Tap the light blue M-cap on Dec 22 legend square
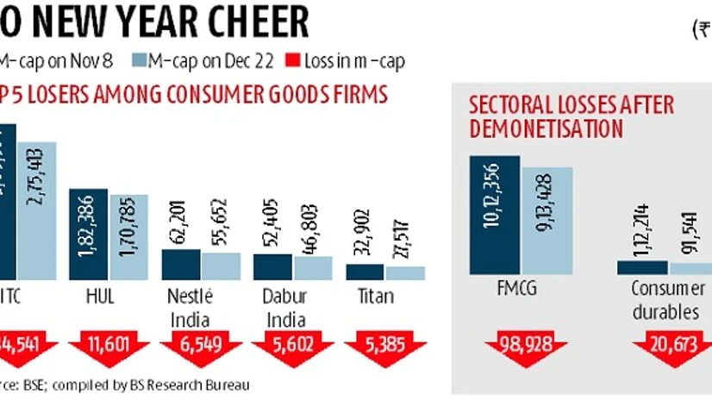point(140,60)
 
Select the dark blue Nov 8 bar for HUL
point(88,233)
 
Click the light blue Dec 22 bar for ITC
point(36,210)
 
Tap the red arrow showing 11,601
point(108,348)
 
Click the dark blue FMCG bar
point(494,216)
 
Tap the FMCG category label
point(519,289)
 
